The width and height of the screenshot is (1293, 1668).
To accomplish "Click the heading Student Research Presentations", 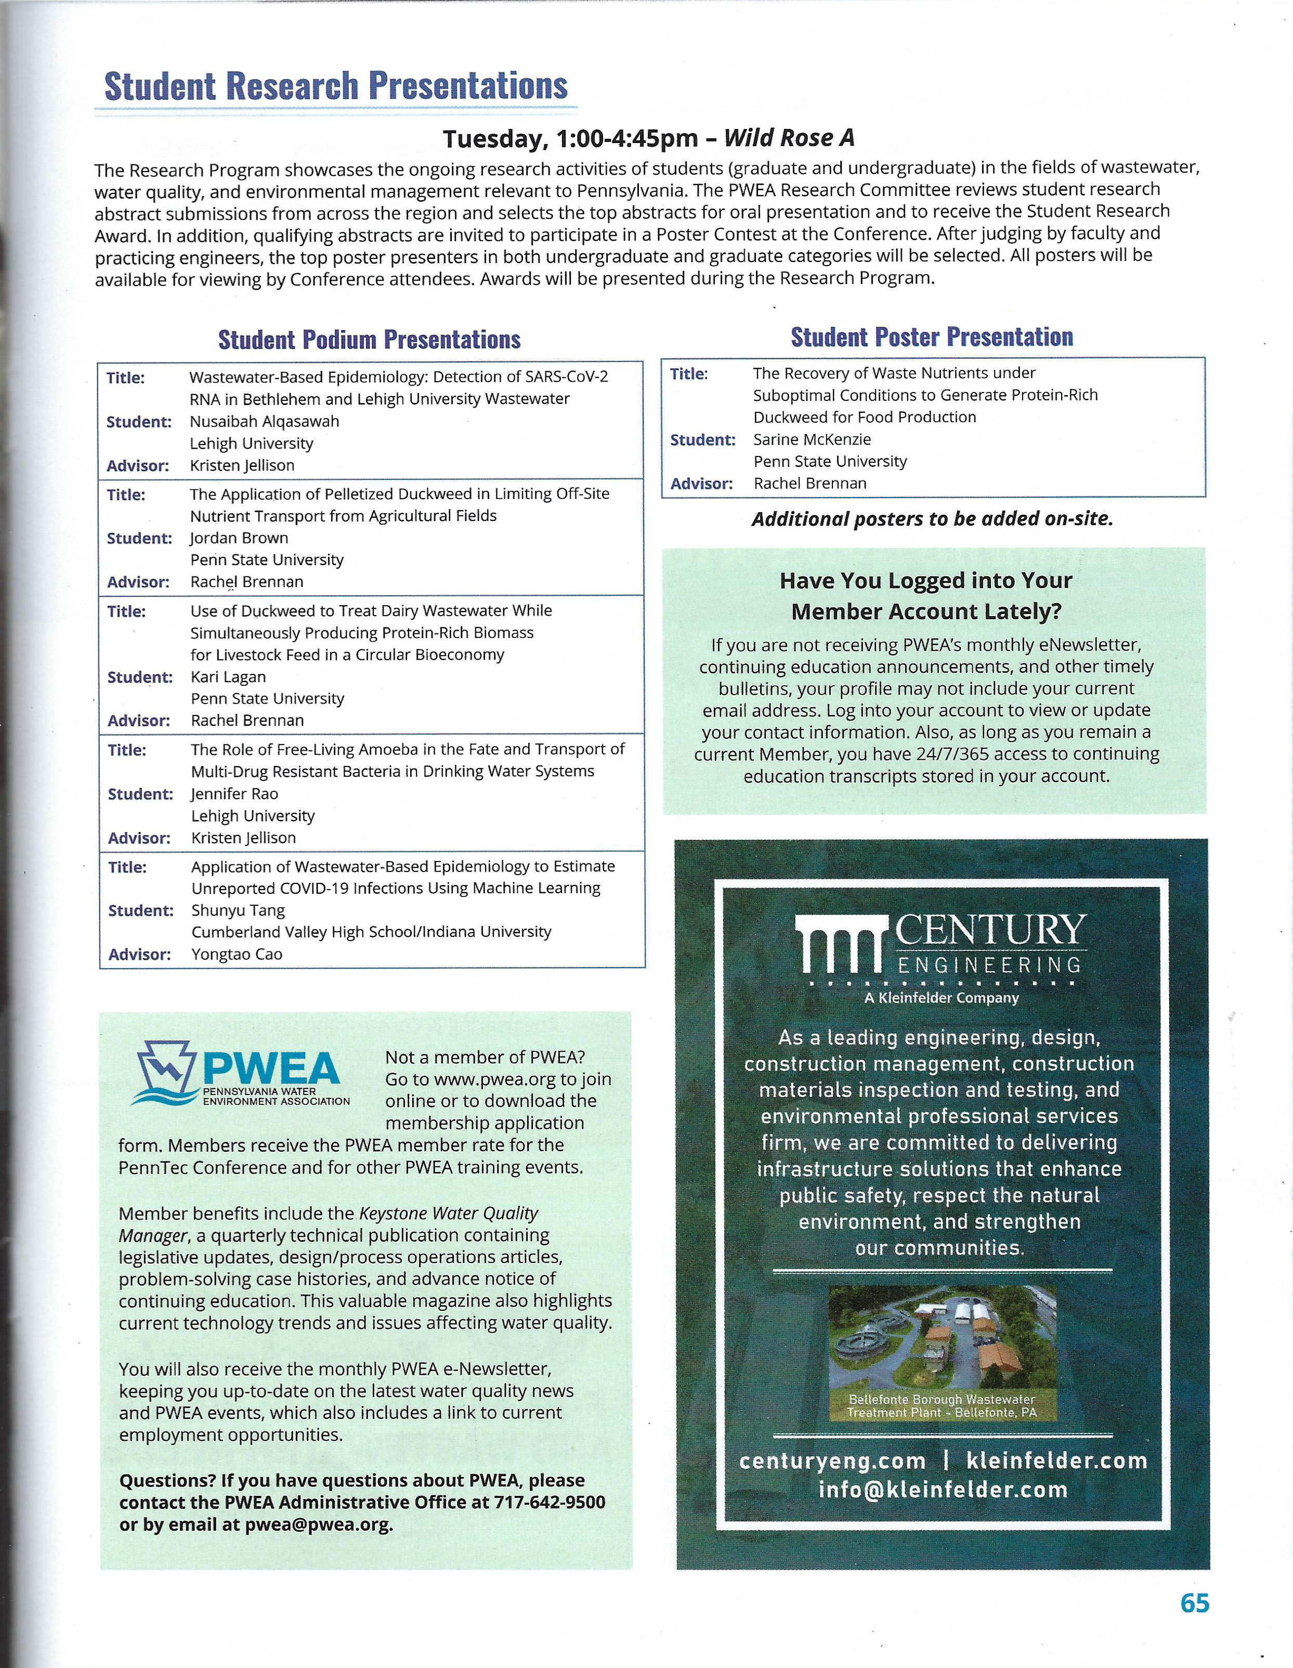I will (336, 86).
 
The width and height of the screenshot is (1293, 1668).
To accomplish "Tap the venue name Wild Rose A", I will (788, 138).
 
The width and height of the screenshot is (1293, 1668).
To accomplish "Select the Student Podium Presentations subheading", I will (370, 339).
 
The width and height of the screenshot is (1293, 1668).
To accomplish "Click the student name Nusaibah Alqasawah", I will (264, 422).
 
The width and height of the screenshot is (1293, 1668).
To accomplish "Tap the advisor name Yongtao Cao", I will (237, 954).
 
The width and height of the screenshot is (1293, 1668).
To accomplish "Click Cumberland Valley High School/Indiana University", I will (371, 932).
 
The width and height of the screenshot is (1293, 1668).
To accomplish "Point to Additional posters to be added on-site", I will (932, 519).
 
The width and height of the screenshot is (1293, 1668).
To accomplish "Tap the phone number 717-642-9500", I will (550, 1502).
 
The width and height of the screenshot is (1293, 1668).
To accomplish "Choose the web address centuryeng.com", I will (832, 1461).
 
